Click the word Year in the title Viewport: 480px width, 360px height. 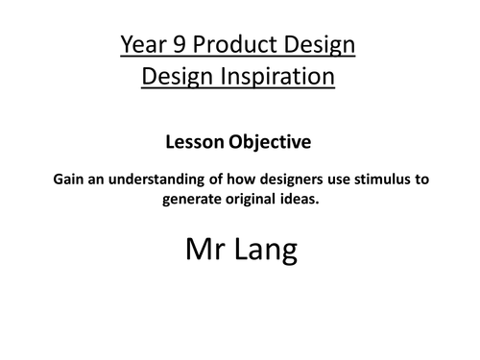pyautogui.click(x=143, y=44)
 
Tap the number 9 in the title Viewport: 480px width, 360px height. pyautogui.click(x=178, y=44)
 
